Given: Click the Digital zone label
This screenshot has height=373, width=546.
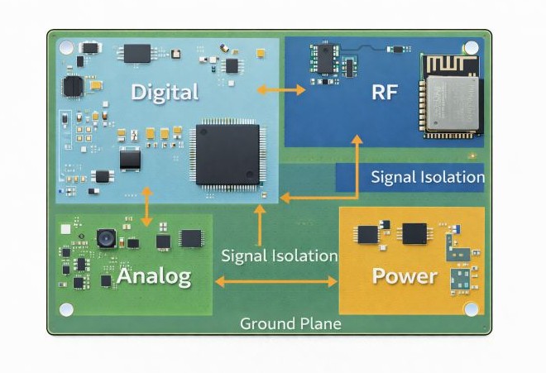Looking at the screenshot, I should tap(165, 91).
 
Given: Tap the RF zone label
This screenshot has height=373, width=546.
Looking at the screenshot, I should tap(384, 91).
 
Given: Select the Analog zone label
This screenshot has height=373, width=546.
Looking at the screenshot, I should tap(154, 275).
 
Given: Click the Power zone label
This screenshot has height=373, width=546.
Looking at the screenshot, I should tap(404, 275).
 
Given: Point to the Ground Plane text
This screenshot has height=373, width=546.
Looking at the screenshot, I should tap(290, 323).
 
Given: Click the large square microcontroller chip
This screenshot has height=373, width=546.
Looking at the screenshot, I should tap(227, 154).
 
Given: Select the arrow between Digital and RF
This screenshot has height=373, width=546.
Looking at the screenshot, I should tap(281, 89).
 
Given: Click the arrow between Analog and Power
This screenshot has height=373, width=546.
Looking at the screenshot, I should tap(276, 282).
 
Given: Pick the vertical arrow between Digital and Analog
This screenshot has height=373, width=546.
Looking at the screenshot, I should tap(147, 207).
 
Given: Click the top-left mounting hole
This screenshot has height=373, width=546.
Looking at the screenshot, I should tap(66, 47).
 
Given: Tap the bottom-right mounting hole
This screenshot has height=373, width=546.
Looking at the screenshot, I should tap(472, 308).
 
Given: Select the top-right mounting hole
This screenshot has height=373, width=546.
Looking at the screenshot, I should tap(472, 47).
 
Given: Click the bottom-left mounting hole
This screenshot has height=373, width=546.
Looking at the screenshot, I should tap(66, 308).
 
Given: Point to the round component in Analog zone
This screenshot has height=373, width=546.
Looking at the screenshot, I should tap(105, 239).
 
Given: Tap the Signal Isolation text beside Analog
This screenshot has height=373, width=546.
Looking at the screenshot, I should tap(279, 256).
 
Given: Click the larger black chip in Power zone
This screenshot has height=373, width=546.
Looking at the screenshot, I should tap(414, 233).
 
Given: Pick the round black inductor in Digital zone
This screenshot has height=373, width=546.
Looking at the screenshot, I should tap(73, 86).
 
